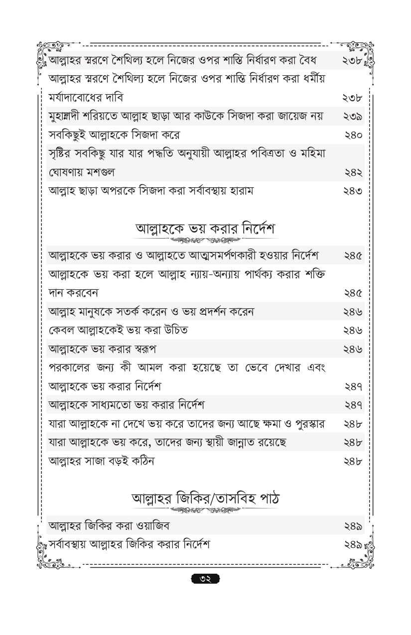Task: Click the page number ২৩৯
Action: coord(353,117)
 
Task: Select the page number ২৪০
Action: coord(353,135)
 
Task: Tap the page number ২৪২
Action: coord(353,172)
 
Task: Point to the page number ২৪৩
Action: coord(353,191)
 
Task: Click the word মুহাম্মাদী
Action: coord(69,117)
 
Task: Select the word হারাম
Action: coord(241,191)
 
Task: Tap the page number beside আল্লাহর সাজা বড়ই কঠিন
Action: coord(353,461)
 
